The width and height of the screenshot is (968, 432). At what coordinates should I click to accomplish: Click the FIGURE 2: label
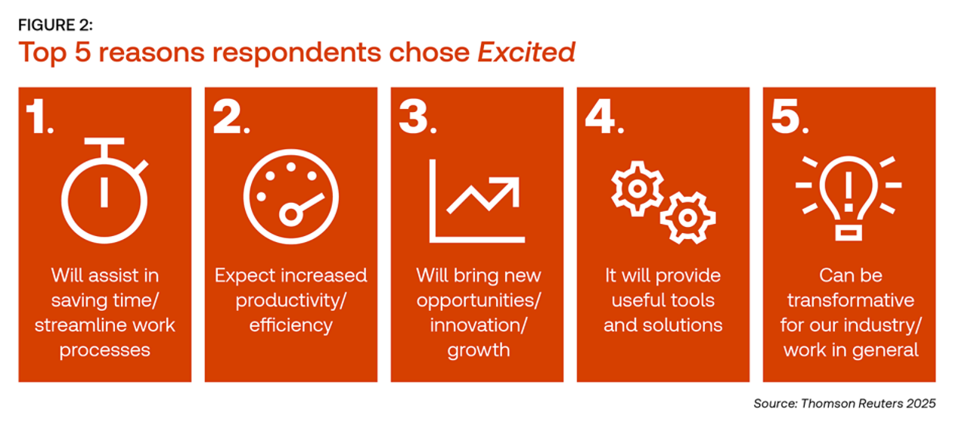pyautogui.click(x=55, y=25)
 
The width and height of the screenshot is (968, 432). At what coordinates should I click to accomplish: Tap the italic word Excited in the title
pyautogui.click(x=526, y=52)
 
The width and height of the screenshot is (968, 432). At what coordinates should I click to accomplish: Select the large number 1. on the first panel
pyautogui.click(x=40, y=116)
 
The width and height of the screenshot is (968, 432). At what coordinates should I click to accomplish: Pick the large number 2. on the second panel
pyautogui.click(x=231, y=116)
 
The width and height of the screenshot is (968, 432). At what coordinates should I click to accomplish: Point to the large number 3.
pyautogui.click(x=418, y=116)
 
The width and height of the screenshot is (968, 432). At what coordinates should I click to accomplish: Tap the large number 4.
pyautogui.click(x=604, y=116)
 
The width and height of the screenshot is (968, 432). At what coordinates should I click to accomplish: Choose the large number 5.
pyautogui.click(x=790, y=116)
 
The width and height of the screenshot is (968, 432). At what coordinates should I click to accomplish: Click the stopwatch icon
pyautogui.click(x=104, y=190)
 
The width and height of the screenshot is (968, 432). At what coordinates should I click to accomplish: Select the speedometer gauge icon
pyautogui.click(x=291, y=197)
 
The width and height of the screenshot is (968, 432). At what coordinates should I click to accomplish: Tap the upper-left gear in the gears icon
pyautogui.click(x=637, y=188)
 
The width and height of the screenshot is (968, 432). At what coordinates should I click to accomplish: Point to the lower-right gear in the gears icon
pyautogui.click(x=687, y=218)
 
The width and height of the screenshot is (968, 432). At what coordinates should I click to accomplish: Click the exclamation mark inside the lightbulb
pyautogui.click(x=849, y=191)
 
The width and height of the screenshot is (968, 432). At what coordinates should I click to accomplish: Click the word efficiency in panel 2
pyautogui.click(x=291, y=325)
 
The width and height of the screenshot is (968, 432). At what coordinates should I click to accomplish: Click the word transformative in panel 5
pyautogui.click(x=851, y=300)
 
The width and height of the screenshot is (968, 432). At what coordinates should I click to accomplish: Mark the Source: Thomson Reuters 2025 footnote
pyautogui.click(x=845, y=403)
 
